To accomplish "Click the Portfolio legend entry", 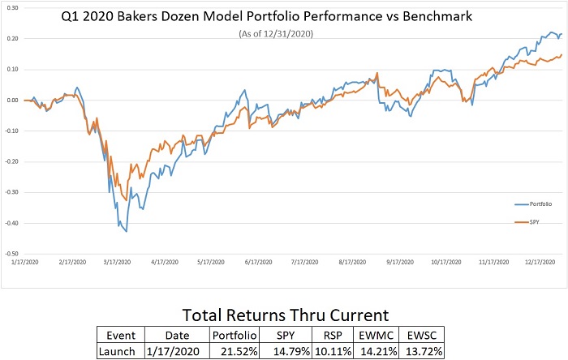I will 538,203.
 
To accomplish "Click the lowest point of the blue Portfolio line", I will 127,232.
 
